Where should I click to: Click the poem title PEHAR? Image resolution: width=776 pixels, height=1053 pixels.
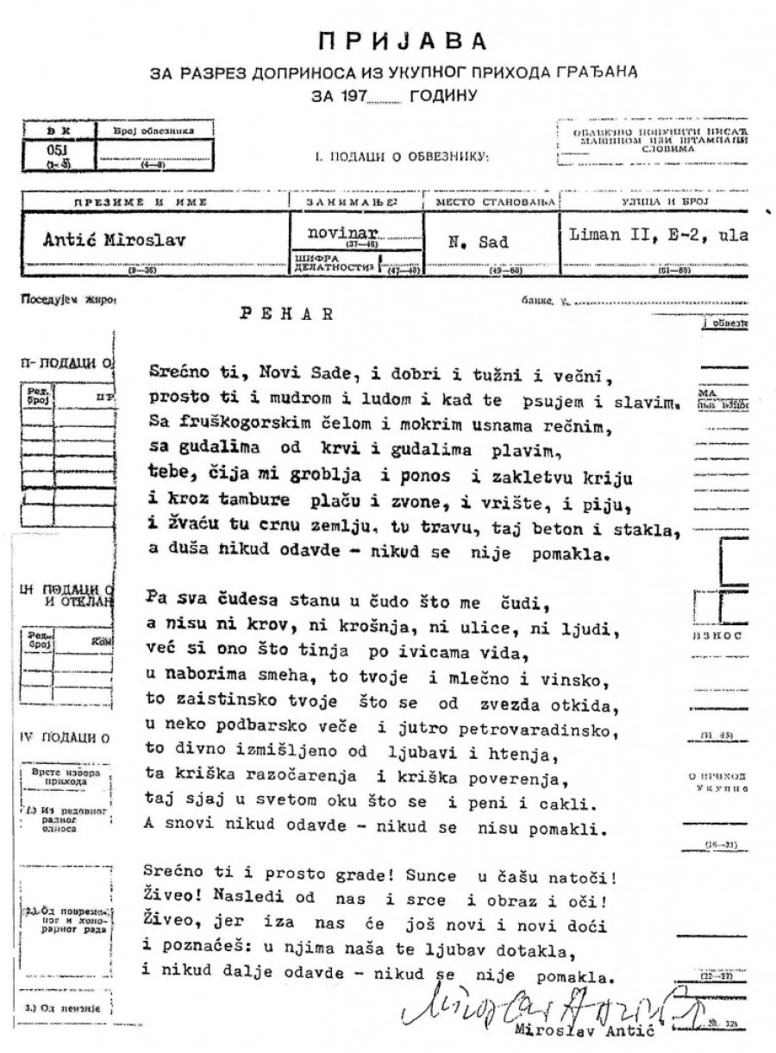[286, 314]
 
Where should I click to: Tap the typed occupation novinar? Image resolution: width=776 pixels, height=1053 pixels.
[337, 234]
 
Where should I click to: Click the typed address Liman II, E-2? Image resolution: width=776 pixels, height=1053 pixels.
[639, 235]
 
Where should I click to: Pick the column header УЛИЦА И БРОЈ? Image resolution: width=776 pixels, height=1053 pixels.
[653, 202]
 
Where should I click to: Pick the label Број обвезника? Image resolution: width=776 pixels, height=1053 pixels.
[153, 131]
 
